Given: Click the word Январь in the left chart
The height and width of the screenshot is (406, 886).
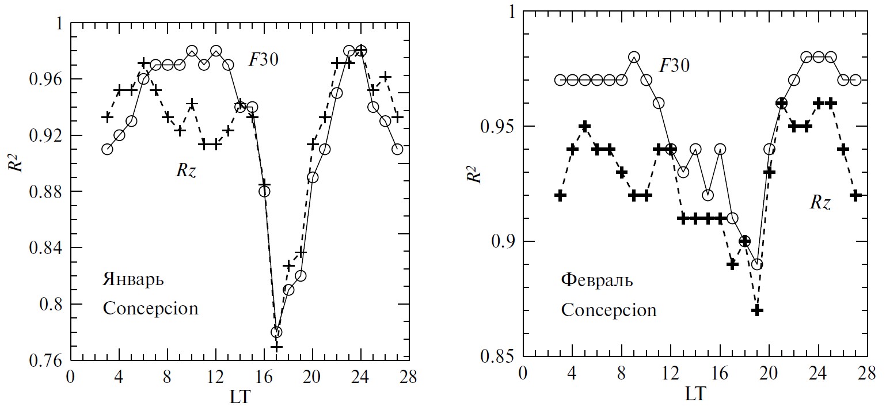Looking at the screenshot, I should pyautogui.click(x=133, y=281).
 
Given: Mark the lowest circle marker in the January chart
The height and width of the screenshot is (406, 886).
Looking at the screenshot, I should pyautogui.click(x=276, y=332).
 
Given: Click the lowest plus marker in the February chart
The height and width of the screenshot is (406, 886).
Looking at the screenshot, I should pyautogui.click(x=757, y=310).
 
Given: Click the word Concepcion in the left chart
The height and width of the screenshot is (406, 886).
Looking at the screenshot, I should pyautogui.click(x=150, y=308).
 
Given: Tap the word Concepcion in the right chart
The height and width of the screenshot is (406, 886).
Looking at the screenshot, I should pyautogui.click(x=609, y=310).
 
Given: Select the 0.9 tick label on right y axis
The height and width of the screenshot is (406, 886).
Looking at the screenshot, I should pyautogui.click(x=502, y=241).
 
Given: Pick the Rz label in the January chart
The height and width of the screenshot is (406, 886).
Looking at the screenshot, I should pyautogui.click(x=185, y=170).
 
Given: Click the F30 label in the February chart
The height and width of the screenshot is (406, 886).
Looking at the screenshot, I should pyautogui.click(x=674, y=65).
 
